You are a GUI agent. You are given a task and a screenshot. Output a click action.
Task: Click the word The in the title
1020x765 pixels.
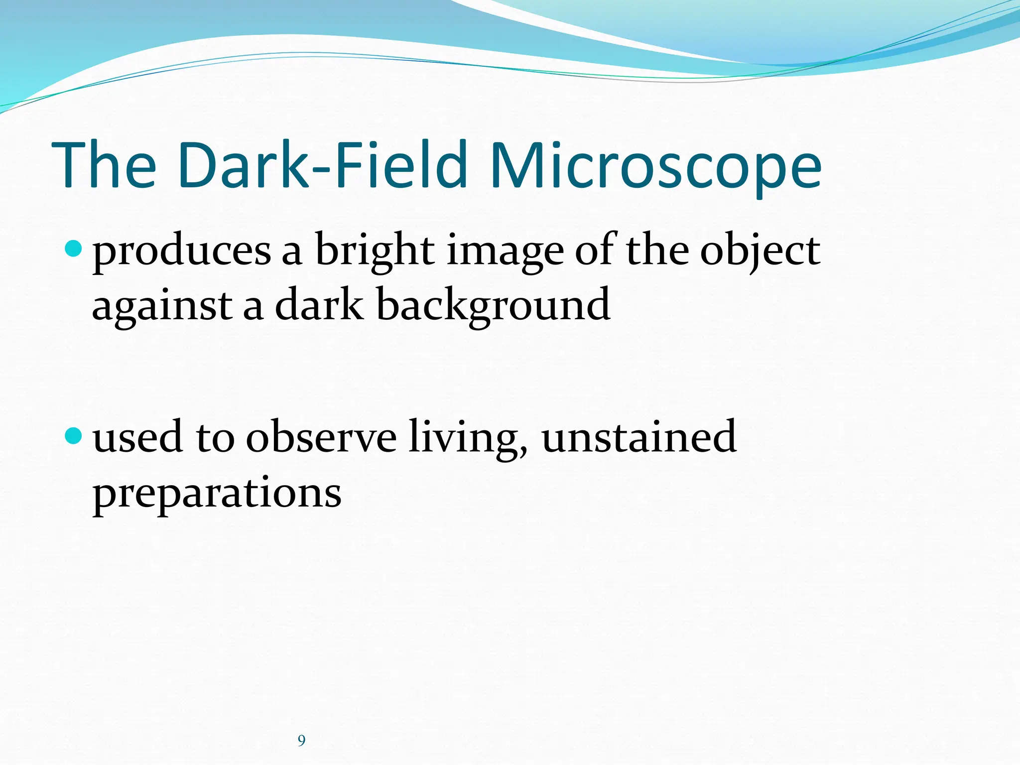click(x=104, y=166)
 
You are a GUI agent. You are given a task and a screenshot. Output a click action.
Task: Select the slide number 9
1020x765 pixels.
click(x=301, y=741)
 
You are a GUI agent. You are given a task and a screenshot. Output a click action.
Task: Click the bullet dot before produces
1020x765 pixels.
click(x=73, y=248)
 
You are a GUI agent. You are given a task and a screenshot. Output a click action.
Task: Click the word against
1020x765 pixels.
click(x=162, y=307)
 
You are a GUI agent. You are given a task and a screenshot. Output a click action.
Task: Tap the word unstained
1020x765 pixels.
click(x=639, y=437)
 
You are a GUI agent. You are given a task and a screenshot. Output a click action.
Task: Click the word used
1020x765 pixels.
click(x=137, y=437)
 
